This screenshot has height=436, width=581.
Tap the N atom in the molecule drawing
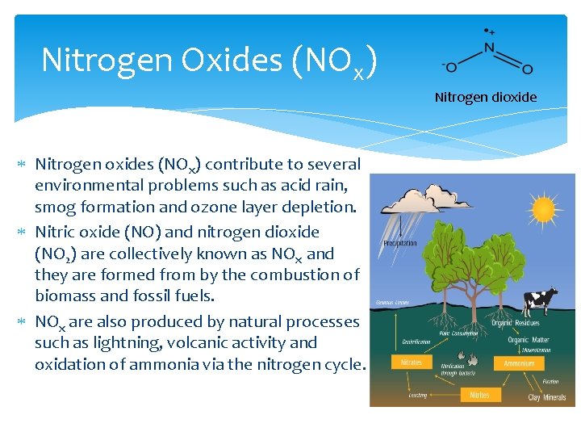(489, 48)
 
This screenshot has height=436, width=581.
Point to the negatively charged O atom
(451, 66)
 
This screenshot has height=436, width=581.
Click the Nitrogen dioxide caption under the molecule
(485, 97)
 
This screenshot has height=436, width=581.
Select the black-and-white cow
(539, 303)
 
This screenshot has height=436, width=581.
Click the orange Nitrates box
(412, 363)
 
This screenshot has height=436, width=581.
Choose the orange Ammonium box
(518, 363)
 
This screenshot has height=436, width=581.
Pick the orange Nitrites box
(479, 395)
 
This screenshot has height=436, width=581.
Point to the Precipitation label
(400, 243)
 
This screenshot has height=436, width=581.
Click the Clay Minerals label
(545, 397)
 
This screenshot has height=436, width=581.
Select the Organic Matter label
(529, 340)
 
